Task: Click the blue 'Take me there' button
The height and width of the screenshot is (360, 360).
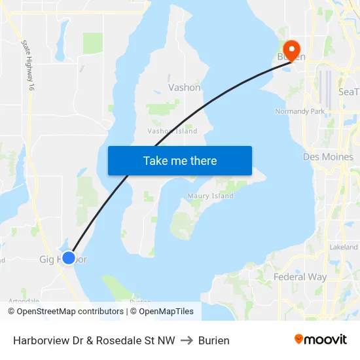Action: [180, 160]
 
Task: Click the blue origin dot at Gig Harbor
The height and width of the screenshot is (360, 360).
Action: [68, 257]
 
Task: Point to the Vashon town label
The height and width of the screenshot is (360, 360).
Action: [185, 87]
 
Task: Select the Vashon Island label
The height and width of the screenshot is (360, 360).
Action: [172, 131]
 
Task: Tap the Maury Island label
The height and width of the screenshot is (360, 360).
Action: [210, 196]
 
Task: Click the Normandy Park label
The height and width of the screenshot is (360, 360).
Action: [300, 111]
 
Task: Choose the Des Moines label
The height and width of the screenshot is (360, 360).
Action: [328, 157]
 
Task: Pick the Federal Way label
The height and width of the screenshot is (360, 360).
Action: [300, 277]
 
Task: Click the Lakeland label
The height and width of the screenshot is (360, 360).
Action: [344, 247]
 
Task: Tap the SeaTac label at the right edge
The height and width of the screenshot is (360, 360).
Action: [348, 92]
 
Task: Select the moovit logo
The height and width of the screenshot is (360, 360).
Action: [321, 339]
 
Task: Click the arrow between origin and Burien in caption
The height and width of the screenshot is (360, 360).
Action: [187, 340]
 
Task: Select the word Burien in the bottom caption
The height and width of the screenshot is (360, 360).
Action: [214, 340]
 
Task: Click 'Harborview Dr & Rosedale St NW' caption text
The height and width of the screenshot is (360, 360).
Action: [94, 340]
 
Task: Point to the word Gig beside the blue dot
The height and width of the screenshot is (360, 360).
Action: [46, 259]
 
